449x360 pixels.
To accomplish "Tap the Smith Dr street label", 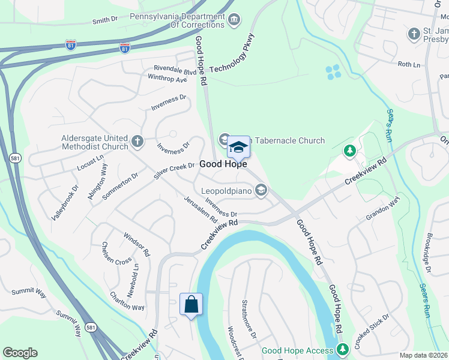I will (x=105, y=20).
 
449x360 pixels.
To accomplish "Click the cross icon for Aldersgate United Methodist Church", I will (x=137, y=142).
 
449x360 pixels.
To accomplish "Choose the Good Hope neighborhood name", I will (x=223, y=164).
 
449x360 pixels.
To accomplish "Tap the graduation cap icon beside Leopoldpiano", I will (x=261, y=191).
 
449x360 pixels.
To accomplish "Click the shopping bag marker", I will (x=191, y=304).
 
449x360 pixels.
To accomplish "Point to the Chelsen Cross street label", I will (x=116, y=254).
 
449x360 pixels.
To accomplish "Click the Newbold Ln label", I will (x=136, y=275).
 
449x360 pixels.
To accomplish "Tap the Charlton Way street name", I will (x=127, y=301).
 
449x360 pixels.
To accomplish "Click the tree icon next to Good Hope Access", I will (x=342, y=349).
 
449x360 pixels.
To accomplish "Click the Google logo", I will (x=20, y=353).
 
